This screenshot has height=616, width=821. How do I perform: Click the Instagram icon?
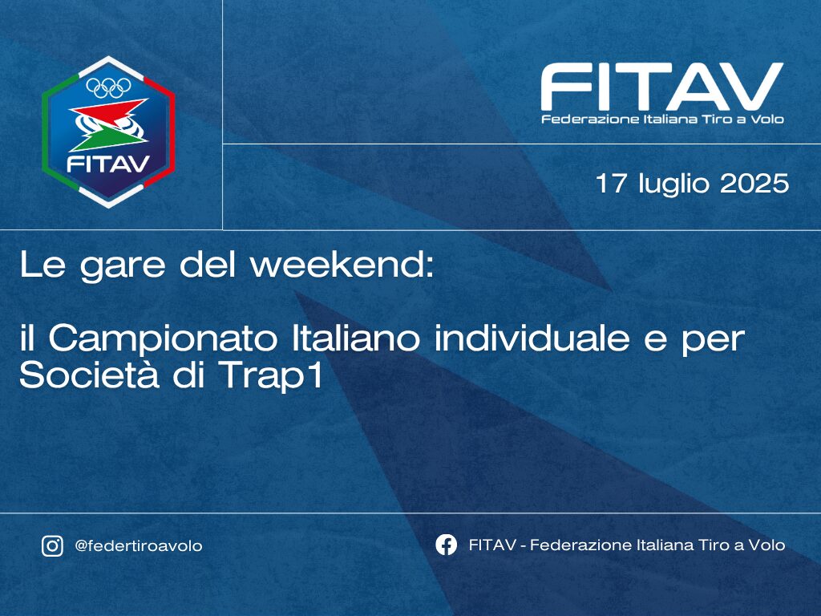52,545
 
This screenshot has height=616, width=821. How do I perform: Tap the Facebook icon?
446,545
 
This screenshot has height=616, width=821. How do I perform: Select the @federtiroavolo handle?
138,546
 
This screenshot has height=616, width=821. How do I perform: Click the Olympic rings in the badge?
108,87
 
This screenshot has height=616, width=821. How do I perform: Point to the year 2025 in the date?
754,184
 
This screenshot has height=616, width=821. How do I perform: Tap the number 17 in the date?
611,184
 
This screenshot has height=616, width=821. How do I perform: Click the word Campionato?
163,340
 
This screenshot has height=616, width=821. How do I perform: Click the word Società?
89,375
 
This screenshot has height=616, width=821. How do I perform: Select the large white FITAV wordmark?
661,87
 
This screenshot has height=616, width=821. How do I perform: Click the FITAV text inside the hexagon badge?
108,164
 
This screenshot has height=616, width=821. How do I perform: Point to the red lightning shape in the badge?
108,111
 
